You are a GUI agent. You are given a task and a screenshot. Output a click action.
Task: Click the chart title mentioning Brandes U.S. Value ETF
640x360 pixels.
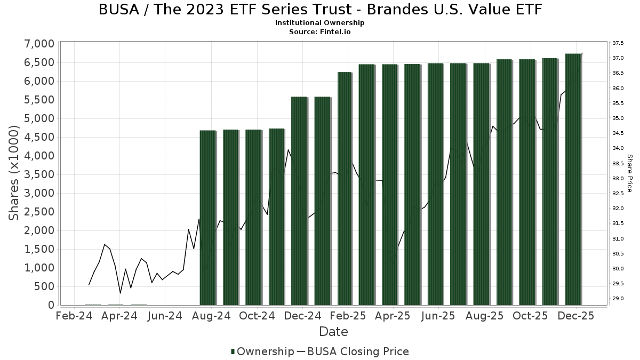pyautogui.click(x=319, y=10)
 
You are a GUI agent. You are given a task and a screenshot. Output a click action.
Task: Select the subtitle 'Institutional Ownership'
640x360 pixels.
pyautogui.click(x=319, y=23)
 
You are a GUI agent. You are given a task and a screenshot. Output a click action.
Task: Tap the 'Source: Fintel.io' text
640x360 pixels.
pyautogui.click(x=319, y=32)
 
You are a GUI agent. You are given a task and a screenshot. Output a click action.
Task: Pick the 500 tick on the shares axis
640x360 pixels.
pyautogui.click(x=45, y=286)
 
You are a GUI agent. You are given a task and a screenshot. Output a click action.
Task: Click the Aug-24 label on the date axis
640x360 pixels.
pyautogui.click(x=211, y=316)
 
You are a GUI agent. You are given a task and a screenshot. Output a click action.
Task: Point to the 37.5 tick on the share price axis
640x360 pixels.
pyautogui.click(x=618, y=43)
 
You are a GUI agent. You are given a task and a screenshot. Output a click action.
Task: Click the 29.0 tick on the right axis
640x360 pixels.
pyautogui.click(x=618, y=298)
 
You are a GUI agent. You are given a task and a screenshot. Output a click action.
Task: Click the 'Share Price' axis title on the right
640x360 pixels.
pyautogui.click(x=629, y=173)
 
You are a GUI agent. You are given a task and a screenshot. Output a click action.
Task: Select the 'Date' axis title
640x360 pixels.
pyautogui.click(x=333, y=332)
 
